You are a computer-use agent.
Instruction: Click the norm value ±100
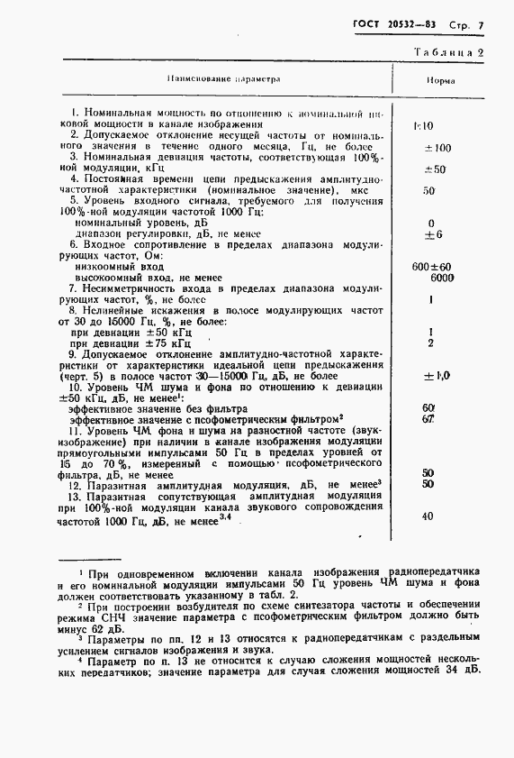(437, 147)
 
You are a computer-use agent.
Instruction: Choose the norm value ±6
(433, 234)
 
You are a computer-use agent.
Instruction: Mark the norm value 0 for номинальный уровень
(432, 223)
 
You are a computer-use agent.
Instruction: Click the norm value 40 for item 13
(427, 516)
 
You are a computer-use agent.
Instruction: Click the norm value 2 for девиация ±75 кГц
(432, 343)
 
